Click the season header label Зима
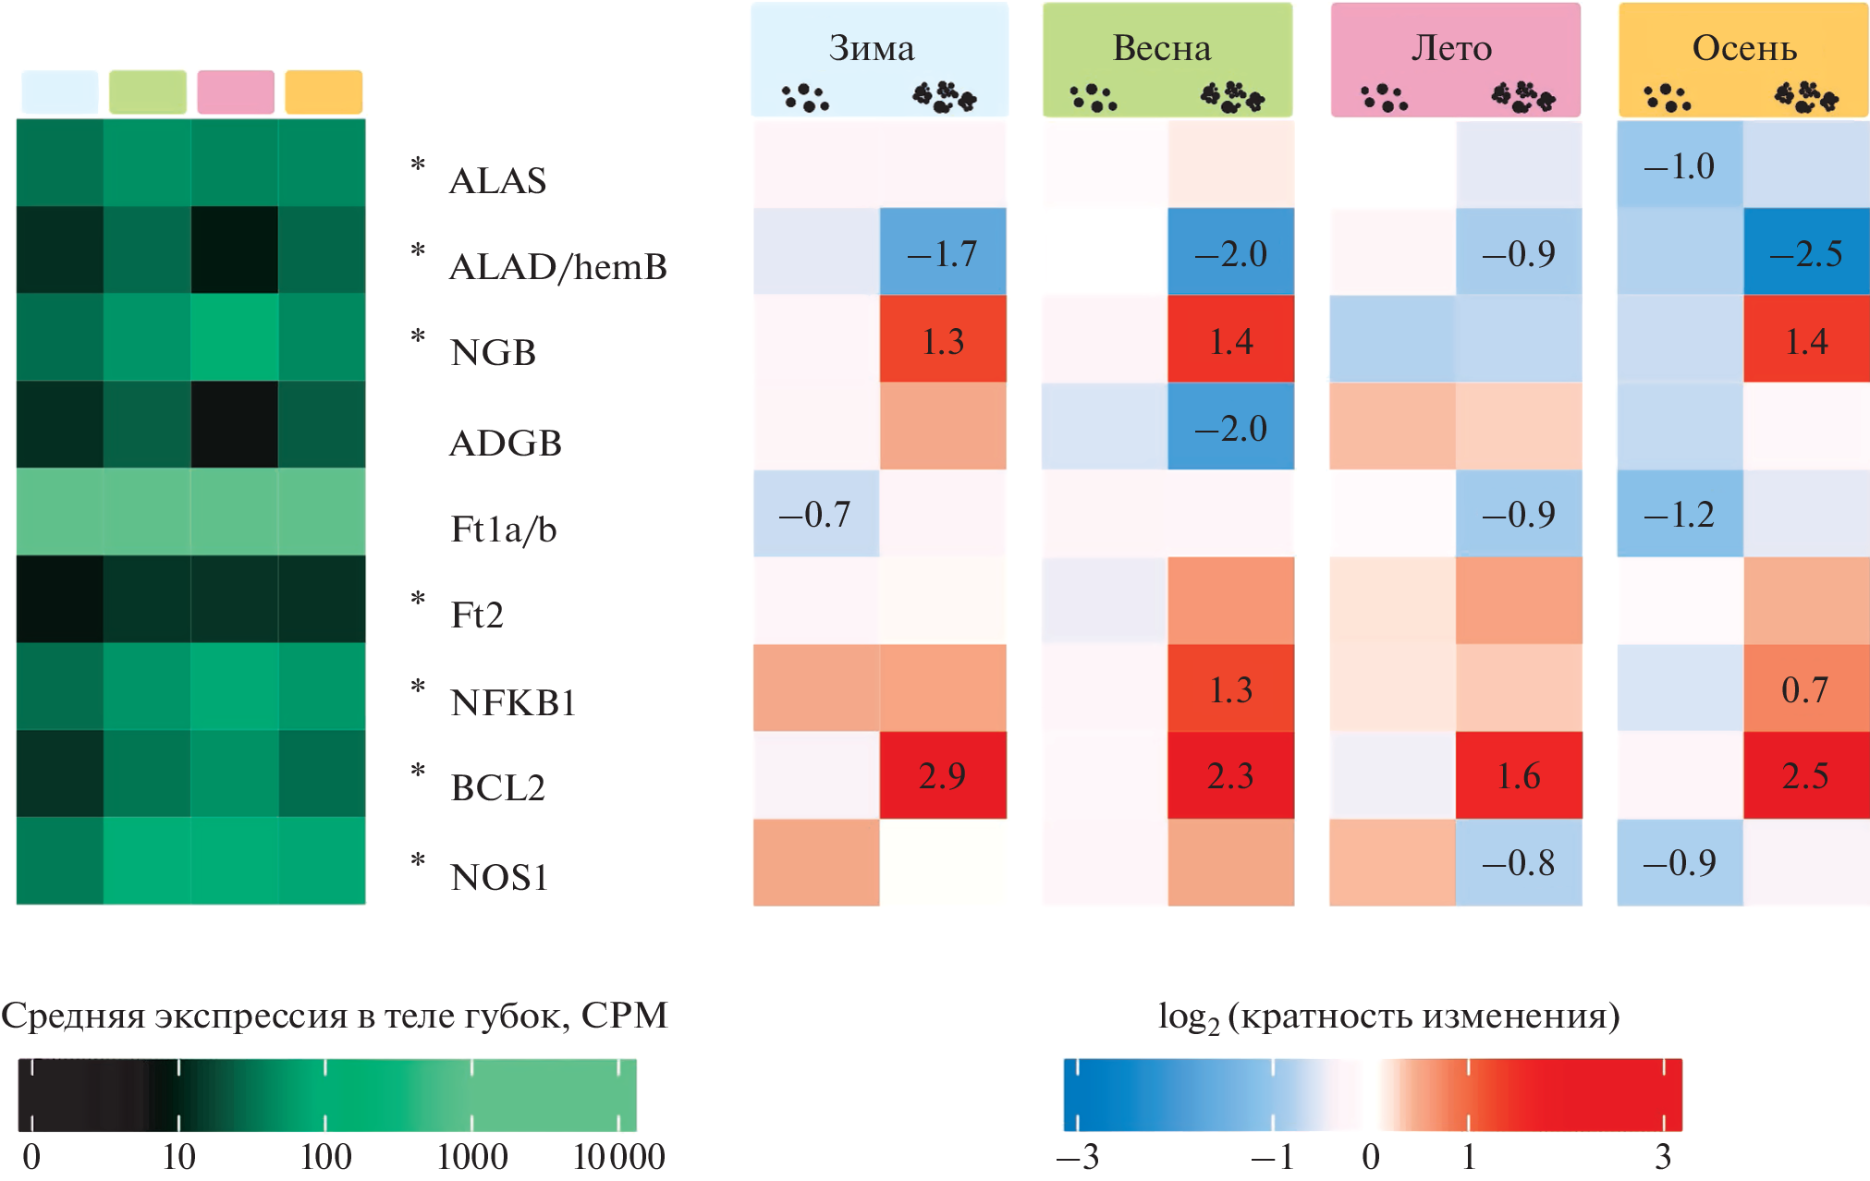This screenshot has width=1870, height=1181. (871, 48)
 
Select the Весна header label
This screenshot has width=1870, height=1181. (1161, 48)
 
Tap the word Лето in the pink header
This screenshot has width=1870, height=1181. (1451, 48)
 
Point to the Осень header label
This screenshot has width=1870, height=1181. (1744, 48)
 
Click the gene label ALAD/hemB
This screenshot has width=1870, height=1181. (557, 267)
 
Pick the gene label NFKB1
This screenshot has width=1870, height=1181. (513, 703)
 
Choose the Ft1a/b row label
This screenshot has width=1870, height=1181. (503, 530)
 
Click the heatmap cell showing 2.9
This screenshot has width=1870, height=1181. (942, 775)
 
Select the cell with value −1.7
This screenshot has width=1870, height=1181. (942, 252)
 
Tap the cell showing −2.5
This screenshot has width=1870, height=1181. (1805, 252)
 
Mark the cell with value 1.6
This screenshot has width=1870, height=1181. (1518, 775)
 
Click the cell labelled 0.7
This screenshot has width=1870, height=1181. (1804, 689)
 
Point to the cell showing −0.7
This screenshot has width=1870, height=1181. (814, 514)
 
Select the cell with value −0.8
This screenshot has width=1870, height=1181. (1518, 862)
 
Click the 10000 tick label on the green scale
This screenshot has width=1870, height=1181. (618, 1157)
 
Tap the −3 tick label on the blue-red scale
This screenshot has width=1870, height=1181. (1077, 1157)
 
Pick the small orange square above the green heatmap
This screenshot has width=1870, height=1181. (324, 92)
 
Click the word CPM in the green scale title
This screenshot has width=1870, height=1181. (624, 1016)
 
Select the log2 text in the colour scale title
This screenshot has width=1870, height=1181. (1188, 1017)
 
